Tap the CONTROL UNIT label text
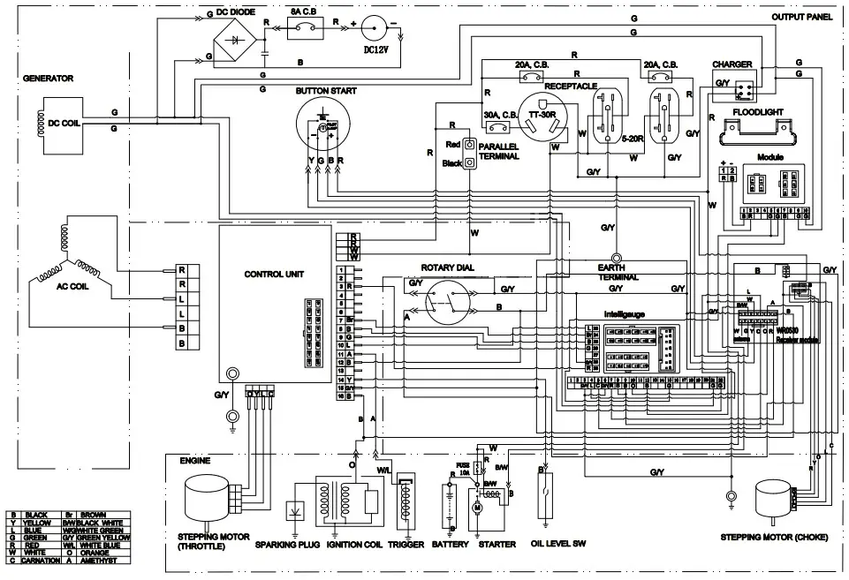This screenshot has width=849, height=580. coord(273,275)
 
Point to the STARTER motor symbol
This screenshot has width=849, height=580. coord(478,507)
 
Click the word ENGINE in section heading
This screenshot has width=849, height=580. coord(194,462)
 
